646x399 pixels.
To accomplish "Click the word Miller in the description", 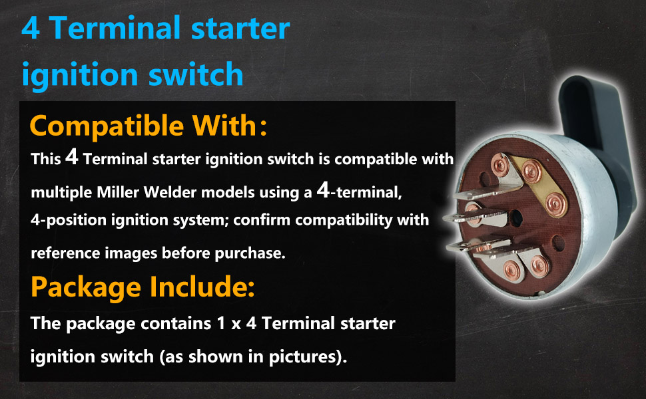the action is point(117,192).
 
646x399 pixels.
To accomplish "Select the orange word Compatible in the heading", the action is point(107,127).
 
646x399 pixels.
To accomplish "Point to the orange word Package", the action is point(86,287).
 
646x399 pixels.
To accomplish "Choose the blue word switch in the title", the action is point(196,74).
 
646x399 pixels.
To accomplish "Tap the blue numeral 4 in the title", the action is point(31,28).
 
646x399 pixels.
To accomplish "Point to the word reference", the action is point(65,253).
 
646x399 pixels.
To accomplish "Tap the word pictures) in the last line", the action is point(308,356).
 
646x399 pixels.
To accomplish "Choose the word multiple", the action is point(61,192).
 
